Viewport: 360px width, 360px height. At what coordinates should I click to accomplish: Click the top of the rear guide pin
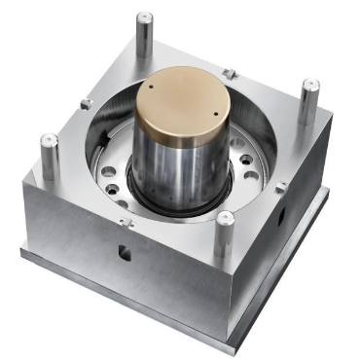pos(144,18)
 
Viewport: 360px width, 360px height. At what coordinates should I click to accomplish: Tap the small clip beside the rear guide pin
pos(228,73)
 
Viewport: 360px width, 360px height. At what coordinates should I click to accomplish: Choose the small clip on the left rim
pos(86,103)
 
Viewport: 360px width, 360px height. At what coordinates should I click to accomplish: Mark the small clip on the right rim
pos(281,187)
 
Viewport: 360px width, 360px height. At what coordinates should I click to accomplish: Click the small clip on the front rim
pos(125,221)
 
